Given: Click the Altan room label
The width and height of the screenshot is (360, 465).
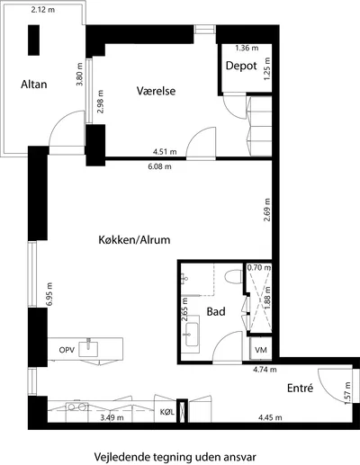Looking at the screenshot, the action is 34,85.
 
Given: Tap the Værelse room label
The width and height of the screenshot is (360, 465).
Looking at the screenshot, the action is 156,91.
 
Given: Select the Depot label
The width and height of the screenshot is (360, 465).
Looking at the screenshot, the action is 241,66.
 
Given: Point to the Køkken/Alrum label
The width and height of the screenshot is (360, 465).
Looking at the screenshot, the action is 134,240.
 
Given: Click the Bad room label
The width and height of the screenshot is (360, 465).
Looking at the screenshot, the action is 216,311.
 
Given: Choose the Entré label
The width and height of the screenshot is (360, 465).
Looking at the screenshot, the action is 300,388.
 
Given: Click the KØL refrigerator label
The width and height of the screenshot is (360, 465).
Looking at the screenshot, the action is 167,412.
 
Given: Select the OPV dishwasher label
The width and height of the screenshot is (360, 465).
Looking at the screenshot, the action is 67,350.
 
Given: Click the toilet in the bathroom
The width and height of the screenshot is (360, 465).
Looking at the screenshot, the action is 234,276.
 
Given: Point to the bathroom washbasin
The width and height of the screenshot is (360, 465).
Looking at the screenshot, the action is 192,335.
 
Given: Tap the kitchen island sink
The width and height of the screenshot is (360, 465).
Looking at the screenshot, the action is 88,348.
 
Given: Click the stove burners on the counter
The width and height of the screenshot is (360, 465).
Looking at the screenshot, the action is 77,407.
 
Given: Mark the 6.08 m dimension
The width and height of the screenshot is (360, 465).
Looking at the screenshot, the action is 159,166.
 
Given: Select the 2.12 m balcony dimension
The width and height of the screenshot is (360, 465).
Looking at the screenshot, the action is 43,10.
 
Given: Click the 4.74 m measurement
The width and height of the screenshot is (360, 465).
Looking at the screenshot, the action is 265,370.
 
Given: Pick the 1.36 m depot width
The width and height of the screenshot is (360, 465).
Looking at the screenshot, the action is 247,48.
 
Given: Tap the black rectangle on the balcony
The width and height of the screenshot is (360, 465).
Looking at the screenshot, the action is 33,40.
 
